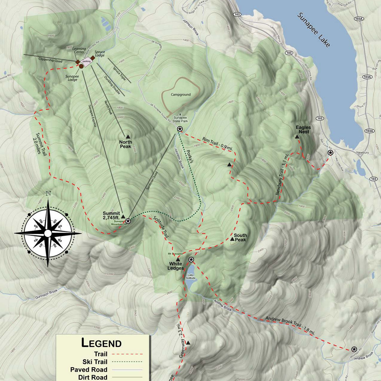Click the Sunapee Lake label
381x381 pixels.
314,30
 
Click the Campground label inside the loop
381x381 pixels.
181,95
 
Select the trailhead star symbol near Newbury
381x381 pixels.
330,153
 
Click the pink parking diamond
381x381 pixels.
86,61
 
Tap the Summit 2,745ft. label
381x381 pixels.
111,215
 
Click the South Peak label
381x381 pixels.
240,237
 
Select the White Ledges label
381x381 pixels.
176,266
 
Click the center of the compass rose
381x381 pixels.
48,233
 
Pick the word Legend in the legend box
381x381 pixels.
101,343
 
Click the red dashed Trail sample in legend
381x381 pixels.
127,354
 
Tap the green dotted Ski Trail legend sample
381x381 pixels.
127,362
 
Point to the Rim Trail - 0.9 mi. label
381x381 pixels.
217,143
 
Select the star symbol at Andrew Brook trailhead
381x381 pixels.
354,349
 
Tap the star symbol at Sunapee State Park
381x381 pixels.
179,129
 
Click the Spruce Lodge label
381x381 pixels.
100,53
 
